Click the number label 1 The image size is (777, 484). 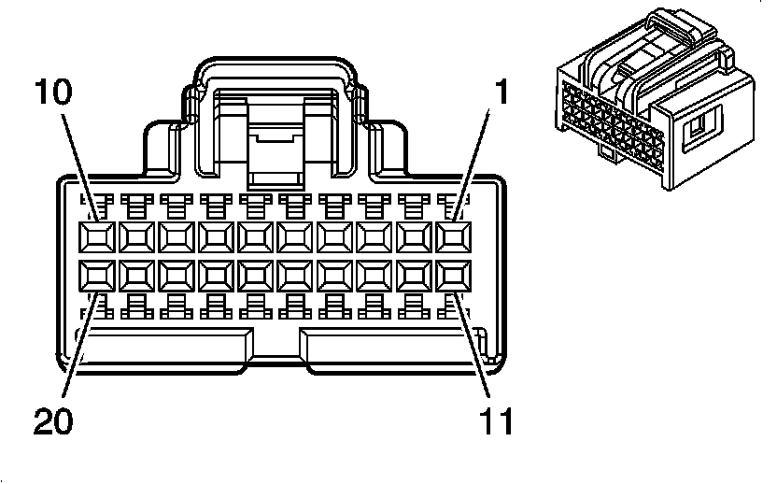point(502,93)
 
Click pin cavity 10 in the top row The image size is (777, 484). point(95,235)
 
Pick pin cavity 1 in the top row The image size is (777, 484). point(454,235)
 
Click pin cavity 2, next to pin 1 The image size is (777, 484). point(415,235)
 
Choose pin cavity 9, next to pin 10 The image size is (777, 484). point(135,235)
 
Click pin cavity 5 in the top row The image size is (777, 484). point(295,235)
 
